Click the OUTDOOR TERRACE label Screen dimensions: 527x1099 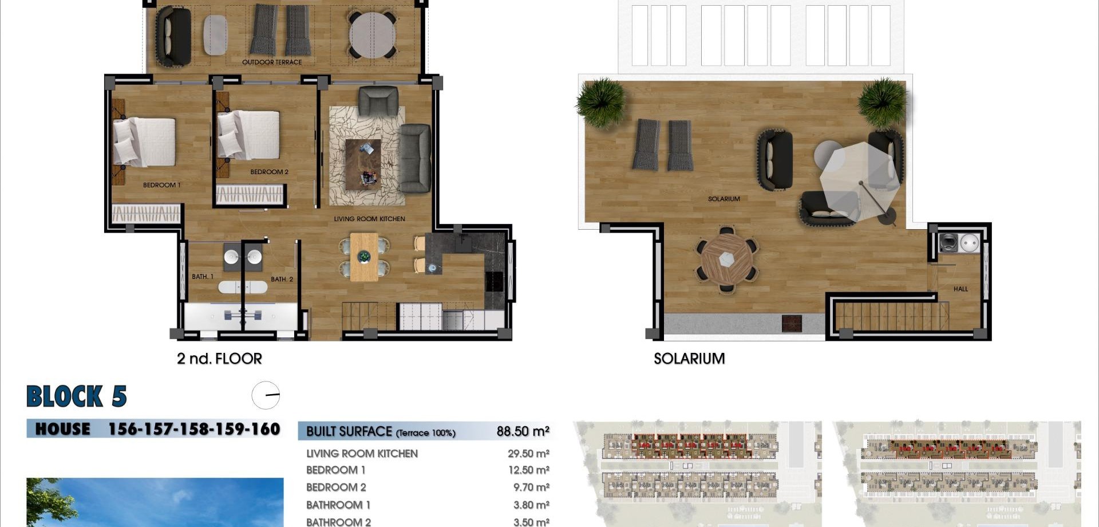(271, 62)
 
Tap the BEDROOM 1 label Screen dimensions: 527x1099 (161, 185)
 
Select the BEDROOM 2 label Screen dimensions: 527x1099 (269, 172)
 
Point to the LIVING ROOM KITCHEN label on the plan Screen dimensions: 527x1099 (369, 219)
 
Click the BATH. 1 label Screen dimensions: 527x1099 (202, 277)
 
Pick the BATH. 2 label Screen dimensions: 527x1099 (282, 279)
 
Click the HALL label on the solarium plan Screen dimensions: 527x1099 (960, 289)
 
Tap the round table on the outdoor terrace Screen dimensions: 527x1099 (373, 34)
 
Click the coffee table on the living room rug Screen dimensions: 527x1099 (363, 163)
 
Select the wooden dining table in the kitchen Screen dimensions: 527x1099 (364, 257)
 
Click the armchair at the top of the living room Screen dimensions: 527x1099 (378, 101)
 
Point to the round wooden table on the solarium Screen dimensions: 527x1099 (727, 259)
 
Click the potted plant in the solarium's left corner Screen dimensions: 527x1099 (601, 102)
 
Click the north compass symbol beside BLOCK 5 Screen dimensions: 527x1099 (266, 395)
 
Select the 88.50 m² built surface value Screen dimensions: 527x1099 (523, 431)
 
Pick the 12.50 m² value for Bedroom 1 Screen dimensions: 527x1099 (528, 470)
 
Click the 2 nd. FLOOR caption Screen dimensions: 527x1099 (219, 359)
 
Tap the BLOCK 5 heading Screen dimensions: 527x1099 (77, 396)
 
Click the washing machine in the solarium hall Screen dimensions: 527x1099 (948, 243)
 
